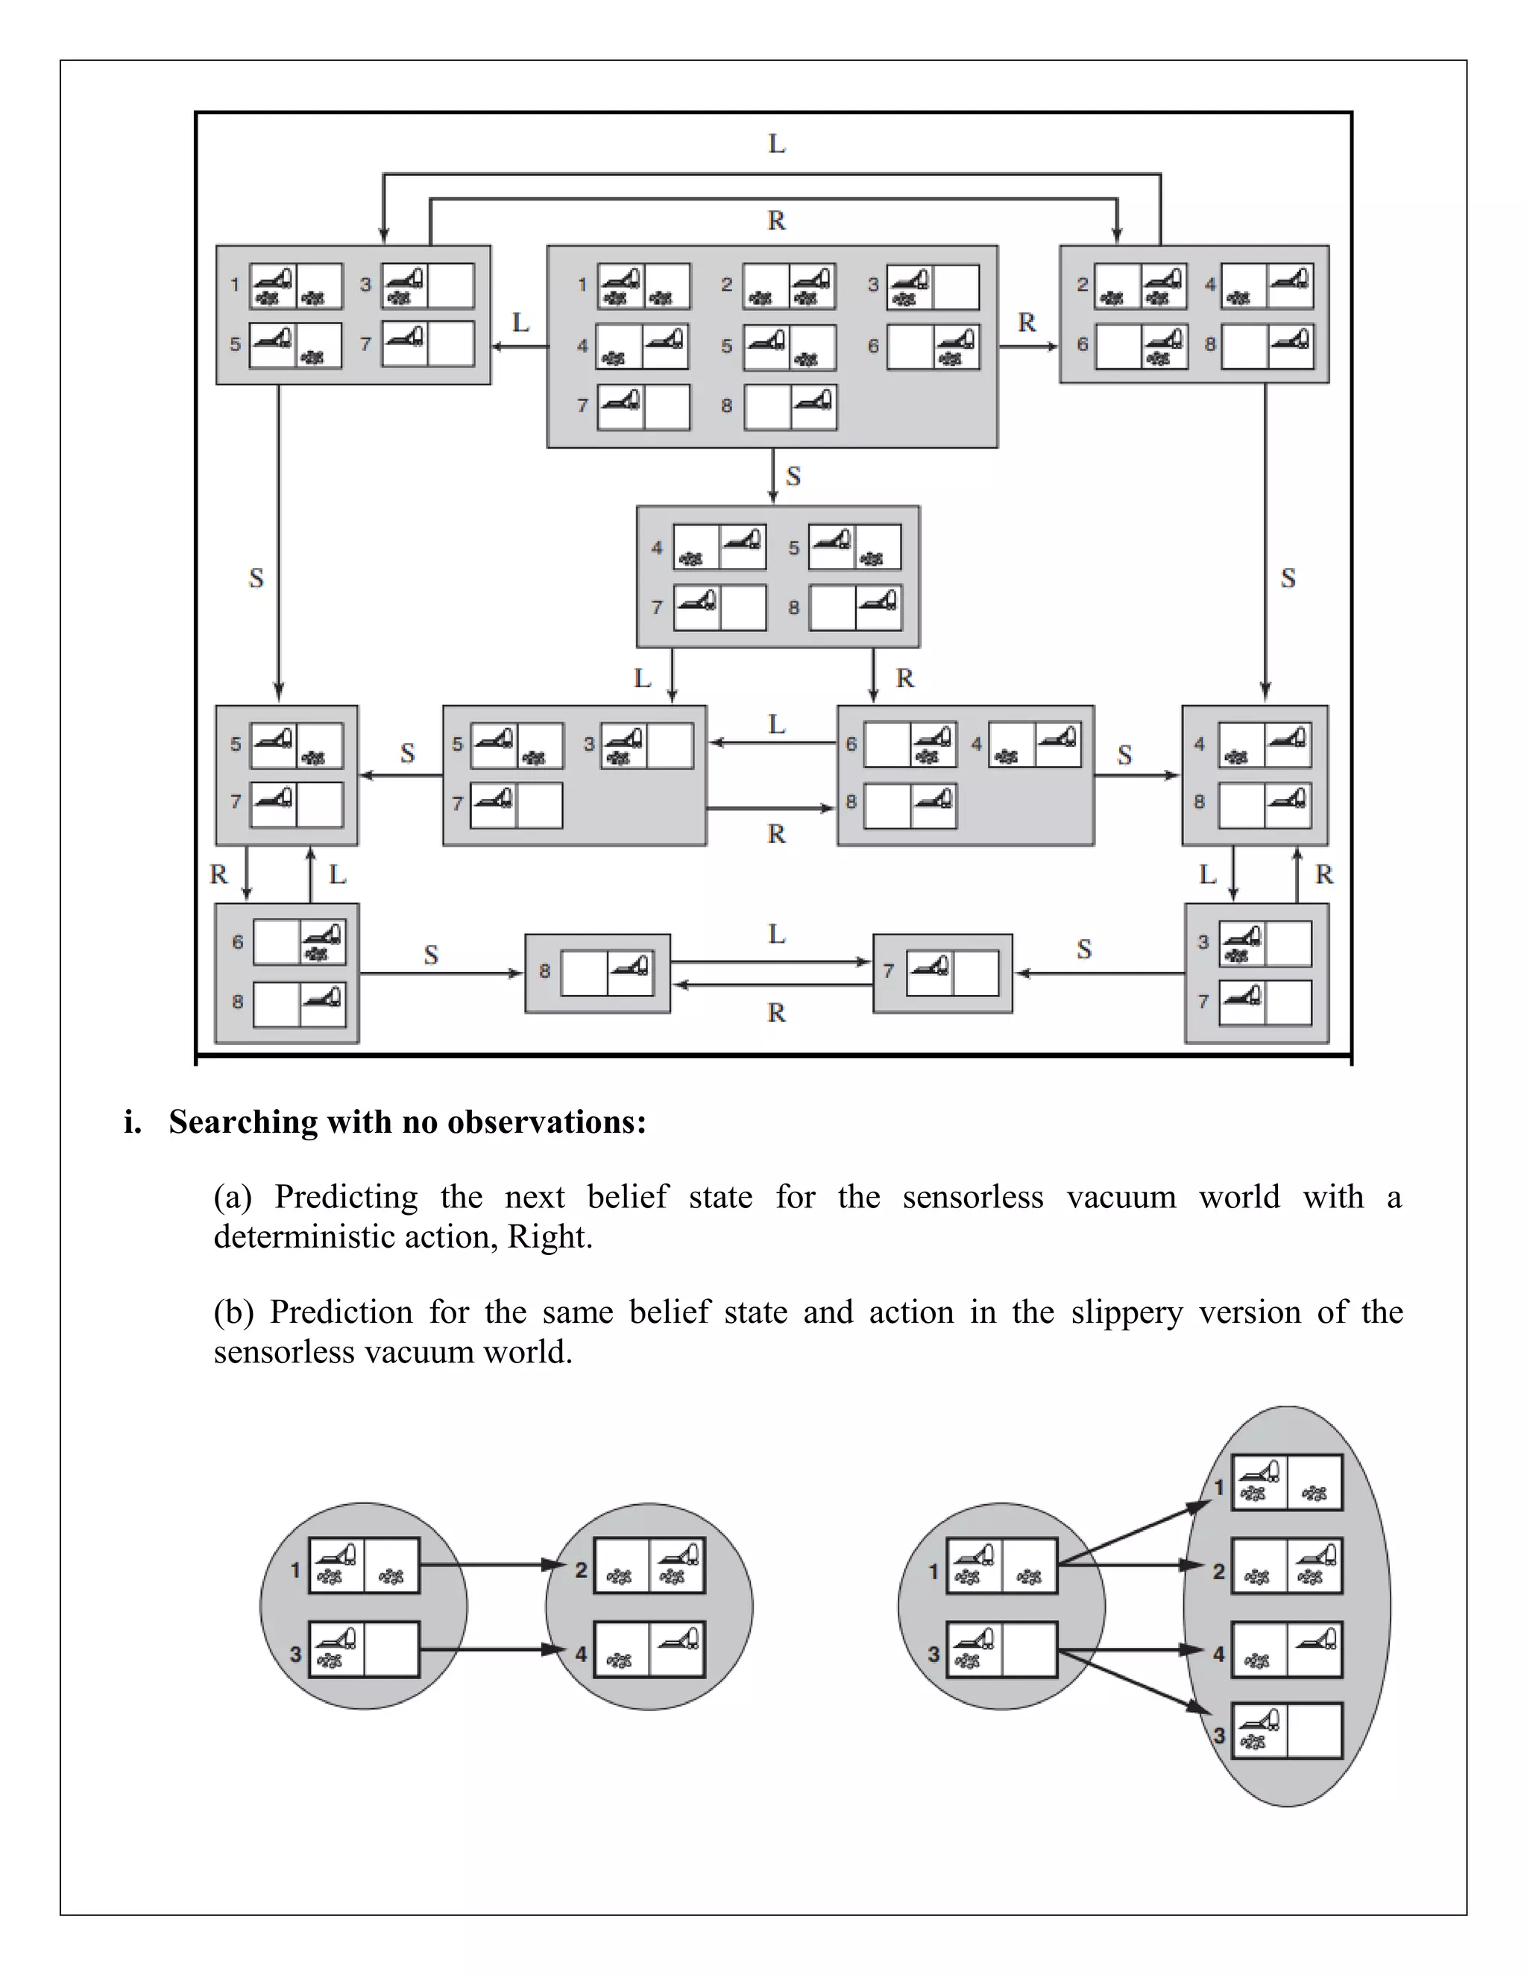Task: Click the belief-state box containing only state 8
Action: (x=598, y=973)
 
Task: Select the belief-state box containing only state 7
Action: (x=942, y=973)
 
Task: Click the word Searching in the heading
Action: (x=243, y=1122)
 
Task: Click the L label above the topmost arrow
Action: (x=776, y=144)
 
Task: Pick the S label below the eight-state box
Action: (x=793, y=476)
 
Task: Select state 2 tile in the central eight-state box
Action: (x=789, y=285)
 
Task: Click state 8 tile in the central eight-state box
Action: (x=790, y=406)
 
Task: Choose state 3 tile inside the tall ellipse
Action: (x=1286, y=1731)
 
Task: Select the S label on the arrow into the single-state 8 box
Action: (x=431, y=954)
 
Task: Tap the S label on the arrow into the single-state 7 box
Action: (x=1083, y=949)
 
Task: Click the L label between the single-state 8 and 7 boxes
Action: (x=776, y=934)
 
